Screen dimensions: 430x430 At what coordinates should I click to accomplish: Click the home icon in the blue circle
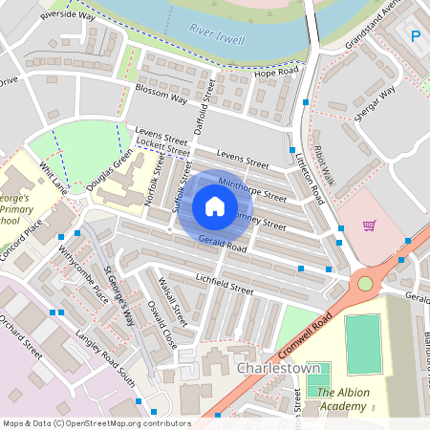coord(215,206)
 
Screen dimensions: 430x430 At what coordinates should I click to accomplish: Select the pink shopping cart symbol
coord(369,226)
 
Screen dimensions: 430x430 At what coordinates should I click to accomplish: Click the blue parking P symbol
coord(416,36)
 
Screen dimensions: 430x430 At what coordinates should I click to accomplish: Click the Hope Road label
coord(277,73)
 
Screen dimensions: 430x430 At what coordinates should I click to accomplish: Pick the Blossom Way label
coord(161,96)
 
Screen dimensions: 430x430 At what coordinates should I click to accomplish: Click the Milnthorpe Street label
coord(252,187)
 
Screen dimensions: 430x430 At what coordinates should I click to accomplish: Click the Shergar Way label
coord(372,105)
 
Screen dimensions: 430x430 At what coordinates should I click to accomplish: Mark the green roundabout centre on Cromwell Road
coord(364,284)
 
